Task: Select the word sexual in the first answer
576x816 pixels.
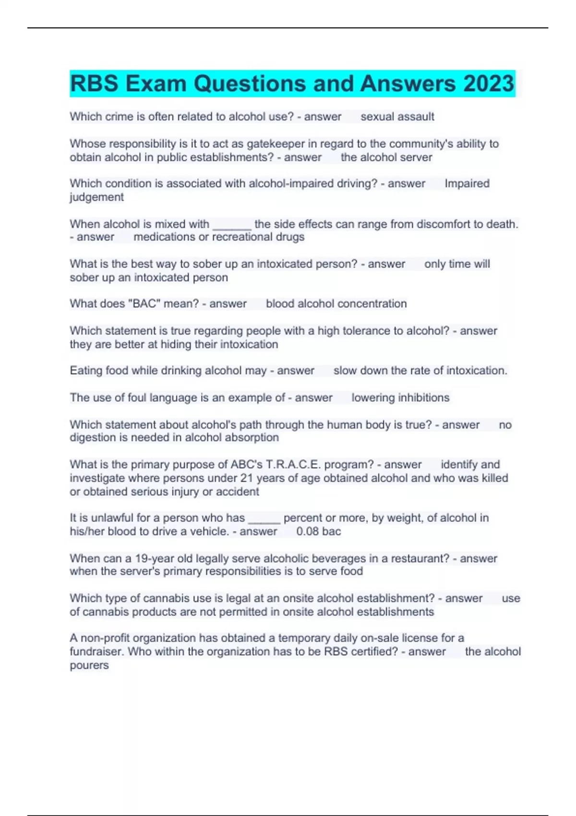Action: (x=377, y=117)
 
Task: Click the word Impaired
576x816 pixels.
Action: (x=467, y=183)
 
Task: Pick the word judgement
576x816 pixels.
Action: (x=96, y=197)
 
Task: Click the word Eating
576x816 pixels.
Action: (x=86, y=371)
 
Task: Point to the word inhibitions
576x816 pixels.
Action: (x=423, y=397)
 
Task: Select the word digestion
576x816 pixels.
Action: (x=93, y=438)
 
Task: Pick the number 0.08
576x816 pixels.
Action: (x=308, y=531)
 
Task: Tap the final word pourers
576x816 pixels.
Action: (x=89, y=665)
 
